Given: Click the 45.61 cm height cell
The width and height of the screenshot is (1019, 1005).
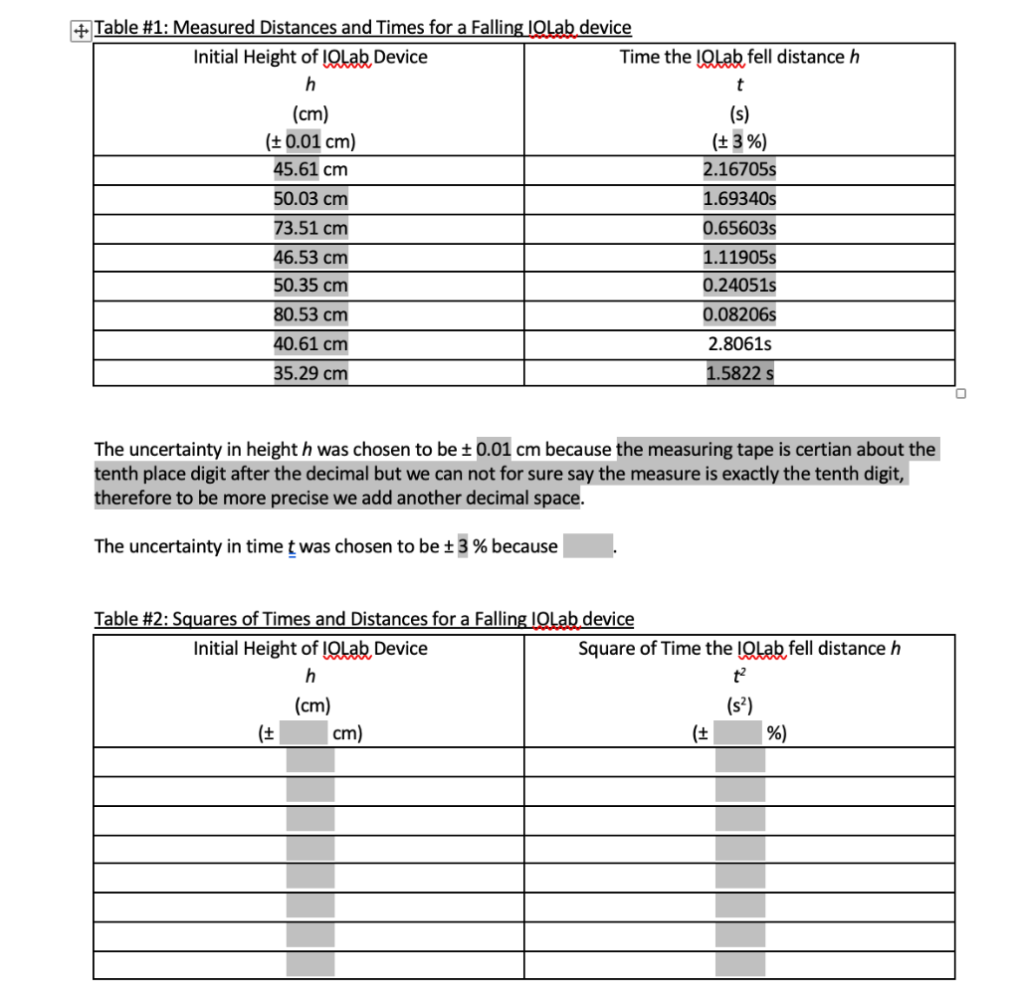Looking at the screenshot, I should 310,169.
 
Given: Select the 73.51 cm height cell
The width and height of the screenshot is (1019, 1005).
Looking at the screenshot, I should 310,228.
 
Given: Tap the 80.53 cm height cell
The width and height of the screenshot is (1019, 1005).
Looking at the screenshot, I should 310,315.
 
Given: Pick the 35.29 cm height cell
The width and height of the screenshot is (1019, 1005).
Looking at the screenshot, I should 310,374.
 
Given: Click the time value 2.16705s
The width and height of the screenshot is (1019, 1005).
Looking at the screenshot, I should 739,169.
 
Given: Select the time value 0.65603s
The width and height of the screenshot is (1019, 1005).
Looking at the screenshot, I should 739,228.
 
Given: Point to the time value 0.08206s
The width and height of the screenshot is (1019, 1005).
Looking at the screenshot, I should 739,315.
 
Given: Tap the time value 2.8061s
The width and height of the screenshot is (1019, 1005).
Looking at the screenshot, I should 739,344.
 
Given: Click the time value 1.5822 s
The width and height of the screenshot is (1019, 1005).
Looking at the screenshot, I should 739,374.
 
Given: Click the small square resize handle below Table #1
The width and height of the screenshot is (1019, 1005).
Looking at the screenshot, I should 960,394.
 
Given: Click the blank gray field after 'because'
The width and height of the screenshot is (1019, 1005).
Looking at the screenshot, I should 587,546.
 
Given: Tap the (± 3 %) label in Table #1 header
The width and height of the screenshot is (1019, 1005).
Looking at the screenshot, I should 739,140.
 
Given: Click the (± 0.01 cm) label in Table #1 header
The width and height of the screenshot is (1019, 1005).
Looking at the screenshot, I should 310,140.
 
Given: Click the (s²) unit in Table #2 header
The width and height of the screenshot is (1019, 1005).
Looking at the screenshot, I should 739,706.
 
